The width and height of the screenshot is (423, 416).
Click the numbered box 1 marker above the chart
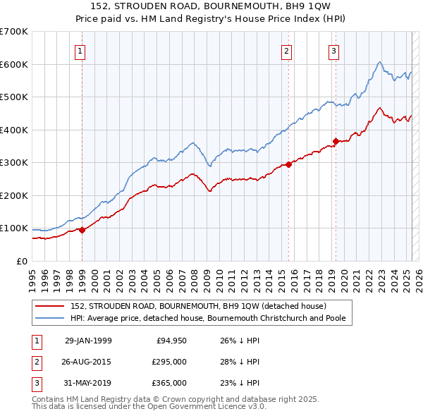coord(81,51)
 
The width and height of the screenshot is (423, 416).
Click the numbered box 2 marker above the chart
coord(287,51)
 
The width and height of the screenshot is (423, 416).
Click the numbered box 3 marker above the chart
coord(333,51)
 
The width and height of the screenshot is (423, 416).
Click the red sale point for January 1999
coord(82,230)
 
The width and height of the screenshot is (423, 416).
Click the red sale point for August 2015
coord(289,165)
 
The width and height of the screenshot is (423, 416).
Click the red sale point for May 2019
coord(336,141)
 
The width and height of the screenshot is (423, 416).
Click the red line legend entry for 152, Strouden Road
coord(197,307)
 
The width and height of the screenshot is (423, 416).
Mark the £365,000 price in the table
coord(168,383)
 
